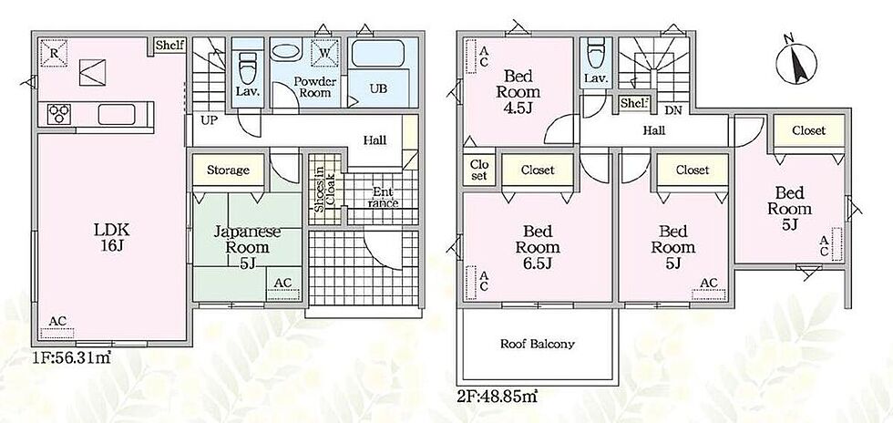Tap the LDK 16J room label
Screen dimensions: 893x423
(112, 238)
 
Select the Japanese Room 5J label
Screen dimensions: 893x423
(247, 247)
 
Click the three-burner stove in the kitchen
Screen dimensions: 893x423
(57, 113)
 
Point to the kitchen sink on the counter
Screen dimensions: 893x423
(117, 114)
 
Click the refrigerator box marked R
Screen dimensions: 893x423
(54, 53)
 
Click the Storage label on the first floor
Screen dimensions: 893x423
(228, 170)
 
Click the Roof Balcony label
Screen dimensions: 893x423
(537, 344)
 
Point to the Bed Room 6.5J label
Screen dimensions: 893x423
(539, 247)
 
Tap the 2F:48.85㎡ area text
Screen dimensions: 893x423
(498, 393)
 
